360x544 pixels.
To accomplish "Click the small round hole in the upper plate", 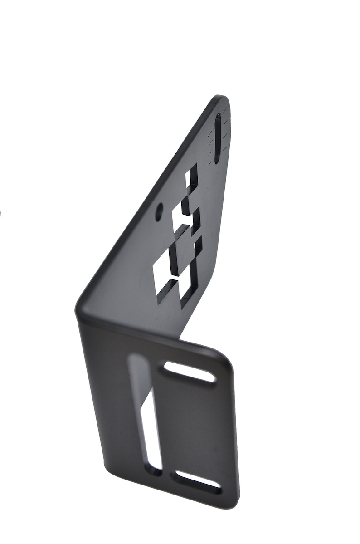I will (159, 212).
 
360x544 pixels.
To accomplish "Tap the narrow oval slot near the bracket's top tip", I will (218, 138).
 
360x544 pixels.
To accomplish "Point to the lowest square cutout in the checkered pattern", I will (188, 291).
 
